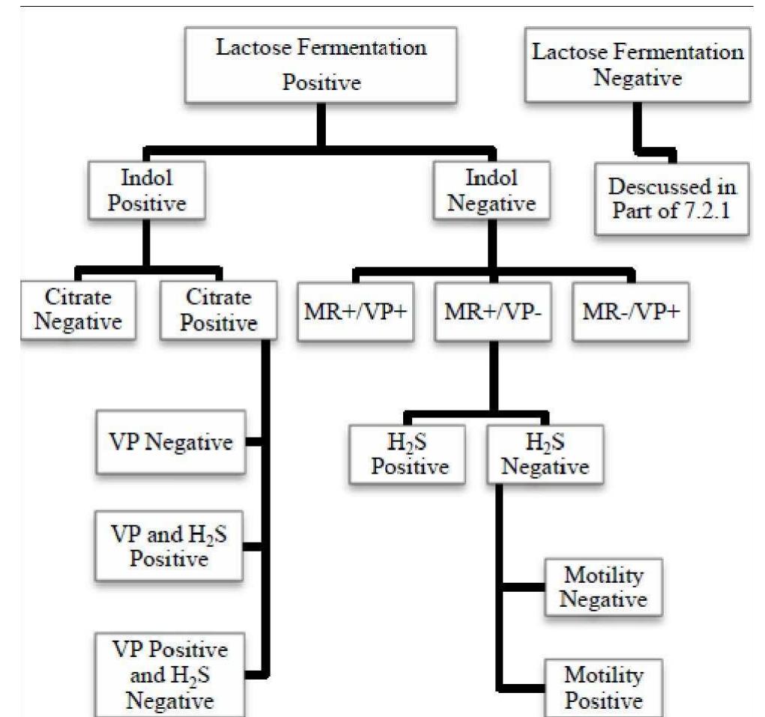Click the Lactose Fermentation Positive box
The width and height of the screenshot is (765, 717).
tap(321, 65)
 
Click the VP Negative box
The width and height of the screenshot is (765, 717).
tap(171, 442)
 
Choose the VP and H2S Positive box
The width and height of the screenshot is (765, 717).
tap(169, 546)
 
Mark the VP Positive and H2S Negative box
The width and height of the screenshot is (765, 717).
tap(169, 674)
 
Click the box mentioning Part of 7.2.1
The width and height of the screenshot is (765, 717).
tap(672, 199)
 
